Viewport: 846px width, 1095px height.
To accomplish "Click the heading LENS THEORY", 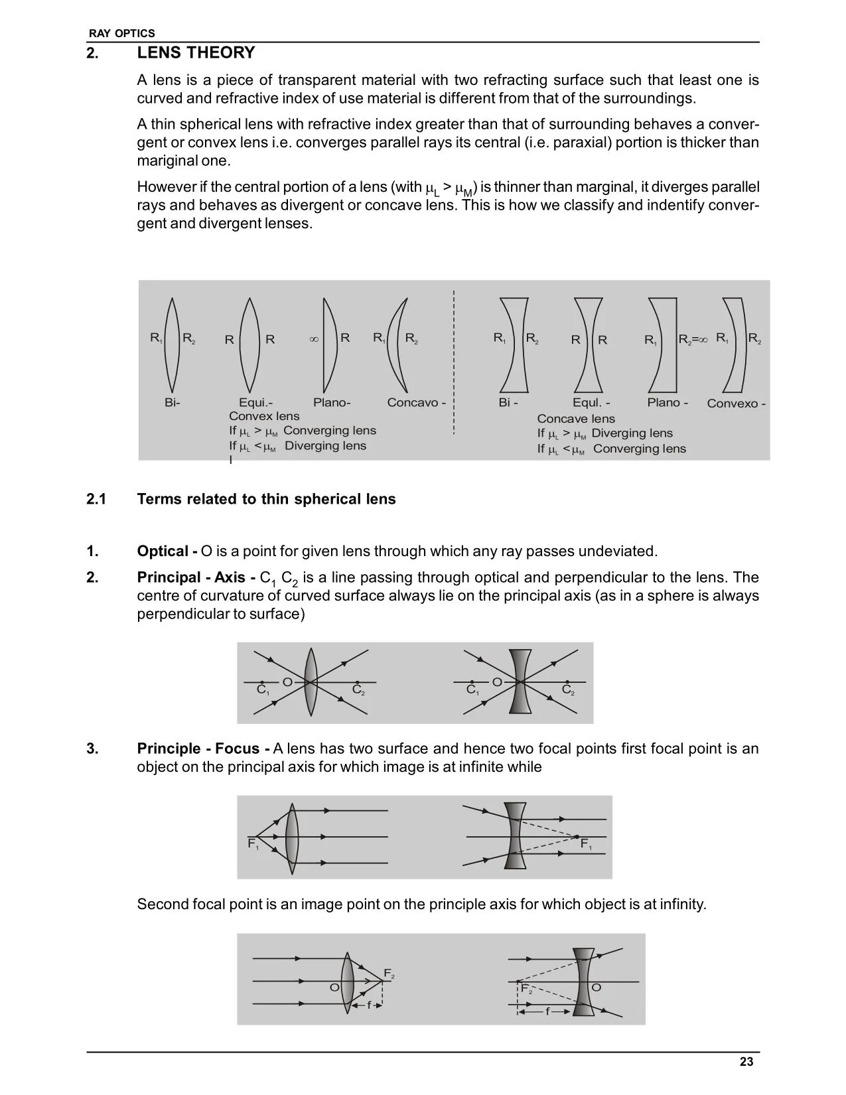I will (x=196, y=53).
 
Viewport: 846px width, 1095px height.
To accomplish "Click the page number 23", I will (x=746, y=1062).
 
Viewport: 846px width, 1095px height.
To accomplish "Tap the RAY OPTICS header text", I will (x=122, y=33).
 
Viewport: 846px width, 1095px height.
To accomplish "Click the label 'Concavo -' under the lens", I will (x=416, y=403).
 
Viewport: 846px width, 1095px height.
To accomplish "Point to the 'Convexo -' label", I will (x=736, y=403).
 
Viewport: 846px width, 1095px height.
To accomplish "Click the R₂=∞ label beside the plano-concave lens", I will (x=693, y=339).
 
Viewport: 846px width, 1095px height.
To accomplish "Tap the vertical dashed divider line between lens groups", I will (x=454, y=362).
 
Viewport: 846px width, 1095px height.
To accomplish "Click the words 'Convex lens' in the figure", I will (x=264, y=416).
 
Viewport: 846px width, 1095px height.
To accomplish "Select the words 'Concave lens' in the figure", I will (x=576, y=419).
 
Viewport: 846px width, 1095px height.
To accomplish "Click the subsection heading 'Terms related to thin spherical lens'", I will (x=266, y=499).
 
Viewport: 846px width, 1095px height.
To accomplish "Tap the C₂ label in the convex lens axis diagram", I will (x=358, y=690).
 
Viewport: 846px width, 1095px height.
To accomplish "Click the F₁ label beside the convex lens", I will (x=253, y=844).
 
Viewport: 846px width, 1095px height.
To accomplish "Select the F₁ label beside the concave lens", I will (x=586, y=844).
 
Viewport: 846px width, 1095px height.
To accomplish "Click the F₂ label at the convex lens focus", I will (x=389, y=974).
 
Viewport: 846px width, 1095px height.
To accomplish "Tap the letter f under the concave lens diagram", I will (x=547, y=1012).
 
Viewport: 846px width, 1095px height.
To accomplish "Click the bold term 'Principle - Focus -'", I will (x=203, y=749).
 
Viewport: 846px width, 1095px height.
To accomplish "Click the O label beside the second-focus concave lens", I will (x=596, y=987).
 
